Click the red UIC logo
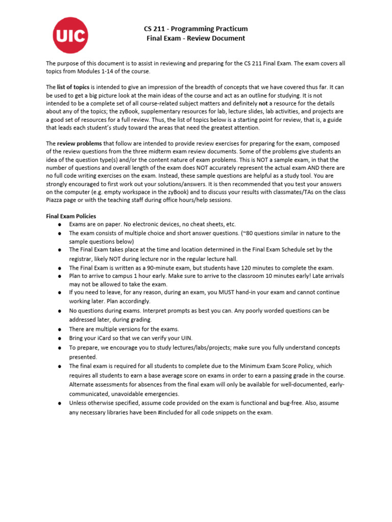tap(70, 35)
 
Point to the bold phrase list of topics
tap(73, 87)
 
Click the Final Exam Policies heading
tap(71, 216)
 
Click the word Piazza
tap(56, 200)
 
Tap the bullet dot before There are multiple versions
tap(60, 329)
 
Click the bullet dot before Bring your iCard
tap(60, 338)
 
